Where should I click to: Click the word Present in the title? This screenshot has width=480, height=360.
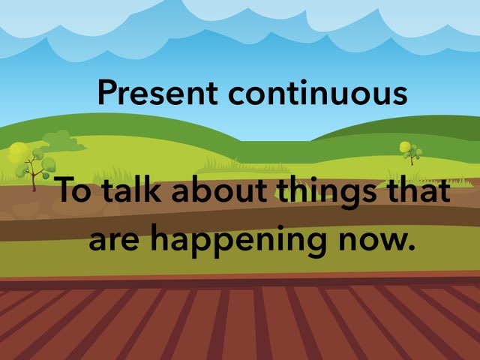[158, 92]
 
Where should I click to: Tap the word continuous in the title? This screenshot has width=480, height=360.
[318, 92]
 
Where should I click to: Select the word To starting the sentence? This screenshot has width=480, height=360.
[75, 190]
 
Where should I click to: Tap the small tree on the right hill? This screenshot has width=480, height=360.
[410, 151]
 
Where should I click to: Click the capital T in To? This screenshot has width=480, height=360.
[66, 190]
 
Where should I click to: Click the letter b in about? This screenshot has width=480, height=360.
[196, 190]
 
